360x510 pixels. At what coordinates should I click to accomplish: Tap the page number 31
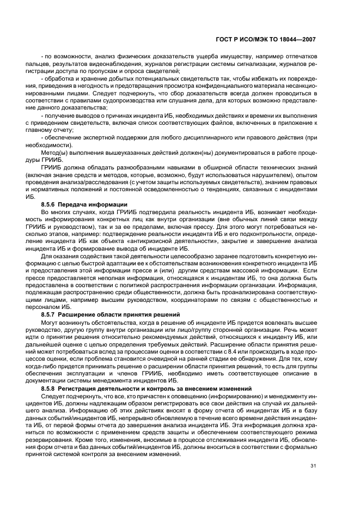[313, 465]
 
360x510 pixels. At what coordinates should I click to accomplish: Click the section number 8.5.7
[49, 315]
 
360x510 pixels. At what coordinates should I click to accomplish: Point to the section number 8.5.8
[49, 388]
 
